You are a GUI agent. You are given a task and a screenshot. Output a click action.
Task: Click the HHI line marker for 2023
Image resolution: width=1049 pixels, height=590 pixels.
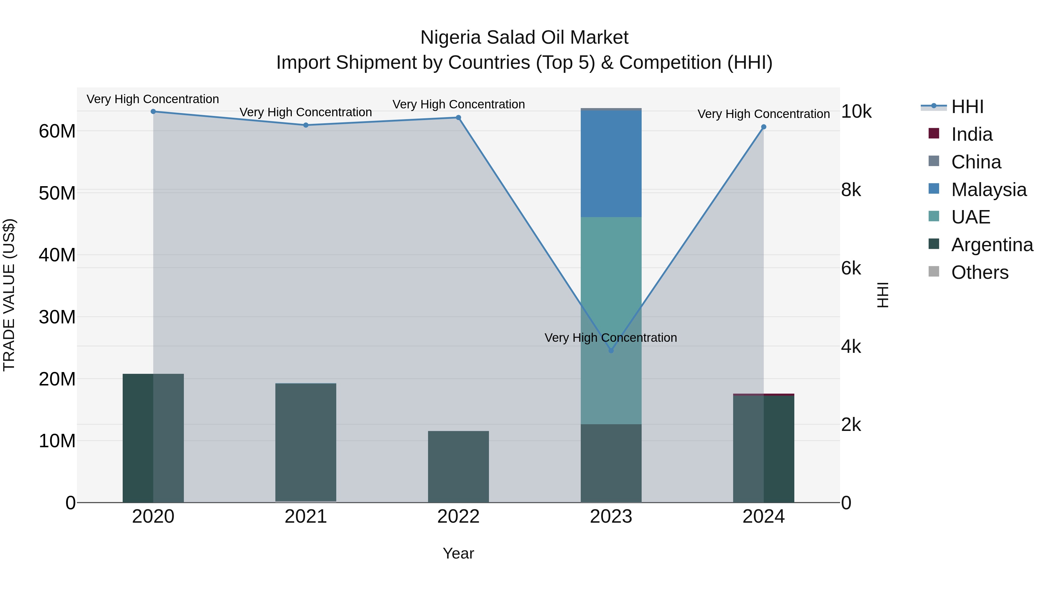coord(611,351)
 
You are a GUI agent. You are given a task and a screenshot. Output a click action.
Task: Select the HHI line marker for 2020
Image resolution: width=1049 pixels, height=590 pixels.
coord(153,112)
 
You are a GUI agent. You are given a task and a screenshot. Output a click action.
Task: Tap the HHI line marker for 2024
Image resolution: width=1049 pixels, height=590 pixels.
coord(763,127)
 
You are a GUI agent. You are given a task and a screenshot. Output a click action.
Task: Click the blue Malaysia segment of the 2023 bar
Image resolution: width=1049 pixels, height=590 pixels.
coord(611,163)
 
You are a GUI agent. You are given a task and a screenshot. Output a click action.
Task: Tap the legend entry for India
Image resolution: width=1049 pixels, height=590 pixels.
coord(971,134)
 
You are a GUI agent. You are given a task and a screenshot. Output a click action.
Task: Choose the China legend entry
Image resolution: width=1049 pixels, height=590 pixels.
coord(976,162)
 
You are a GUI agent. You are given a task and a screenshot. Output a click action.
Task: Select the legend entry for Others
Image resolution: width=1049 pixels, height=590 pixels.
coord(979,272)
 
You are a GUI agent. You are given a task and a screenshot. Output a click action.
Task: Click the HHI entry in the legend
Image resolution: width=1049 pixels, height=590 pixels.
coord(967,107)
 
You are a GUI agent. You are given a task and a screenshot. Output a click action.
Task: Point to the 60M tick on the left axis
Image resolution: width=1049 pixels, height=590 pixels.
coord(57,131)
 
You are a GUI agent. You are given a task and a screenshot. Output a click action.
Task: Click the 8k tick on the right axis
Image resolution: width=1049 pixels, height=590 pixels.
coord(851,190)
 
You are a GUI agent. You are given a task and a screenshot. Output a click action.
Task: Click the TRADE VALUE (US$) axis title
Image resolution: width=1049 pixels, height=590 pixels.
coord(9,295)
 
